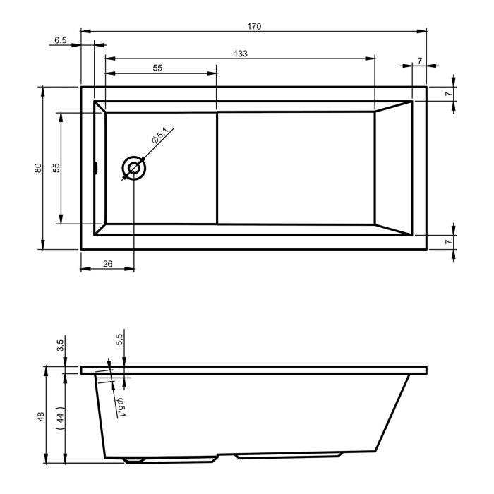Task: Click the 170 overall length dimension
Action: coord(254,26)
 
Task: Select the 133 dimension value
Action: coord(240,54)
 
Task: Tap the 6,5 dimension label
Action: coord(61,40)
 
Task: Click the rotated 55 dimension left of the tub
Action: coord(56,168)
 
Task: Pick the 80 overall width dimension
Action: coord(38,168)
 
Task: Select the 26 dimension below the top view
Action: coord(107,264)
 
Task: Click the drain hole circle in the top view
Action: coord(133,168)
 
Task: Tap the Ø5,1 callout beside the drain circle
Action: coord(160,135)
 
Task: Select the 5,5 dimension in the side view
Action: coord(120,339)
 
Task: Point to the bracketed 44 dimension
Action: coord(61,416)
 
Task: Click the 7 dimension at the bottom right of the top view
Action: coord(447,242)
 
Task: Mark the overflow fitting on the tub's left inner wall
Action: coord(96,168)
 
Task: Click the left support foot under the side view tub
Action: coord(134,460)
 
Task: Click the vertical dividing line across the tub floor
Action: coord(217,168)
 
